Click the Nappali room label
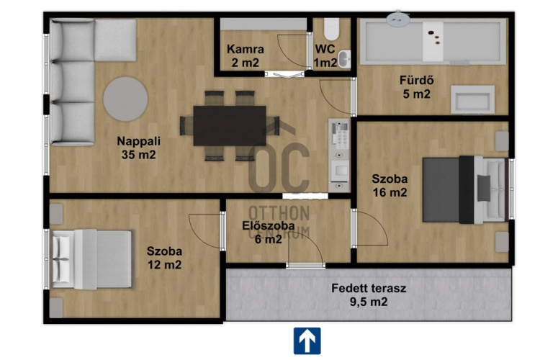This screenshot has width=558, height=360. tap(138, 148)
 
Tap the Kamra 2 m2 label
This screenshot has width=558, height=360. tap(246, 56)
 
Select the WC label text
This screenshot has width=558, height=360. tap(325, 49)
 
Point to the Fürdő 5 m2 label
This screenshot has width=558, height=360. tap(416, 87)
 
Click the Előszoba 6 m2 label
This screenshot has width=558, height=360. tap(269, 233)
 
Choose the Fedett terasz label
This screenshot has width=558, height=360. tap(369, 288)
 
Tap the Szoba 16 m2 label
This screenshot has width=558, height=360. tap(390, 185)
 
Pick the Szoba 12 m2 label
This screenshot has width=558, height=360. tap(164, 258)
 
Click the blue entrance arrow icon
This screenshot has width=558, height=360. tap(307, 341)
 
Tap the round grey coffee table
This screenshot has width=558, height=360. tap(125, 99)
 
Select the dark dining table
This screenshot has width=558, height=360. tap(230, 125)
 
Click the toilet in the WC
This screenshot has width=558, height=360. tap(331, 30)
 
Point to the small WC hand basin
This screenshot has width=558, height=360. tap(344, 59)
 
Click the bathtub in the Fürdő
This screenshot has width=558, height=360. tap(433, 42)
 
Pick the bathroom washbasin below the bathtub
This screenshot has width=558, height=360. tap(472, 99)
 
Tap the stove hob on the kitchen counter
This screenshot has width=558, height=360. tap(340, 133)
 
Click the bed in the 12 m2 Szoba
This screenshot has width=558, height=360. tap(92, 258)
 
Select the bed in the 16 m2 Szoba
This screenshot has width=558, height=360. tap(464, 189)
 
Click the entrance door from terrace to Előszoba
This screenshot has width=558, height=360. tap(305, 265)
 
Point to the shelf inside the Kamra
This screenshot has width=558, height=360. tap(264, 24)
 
